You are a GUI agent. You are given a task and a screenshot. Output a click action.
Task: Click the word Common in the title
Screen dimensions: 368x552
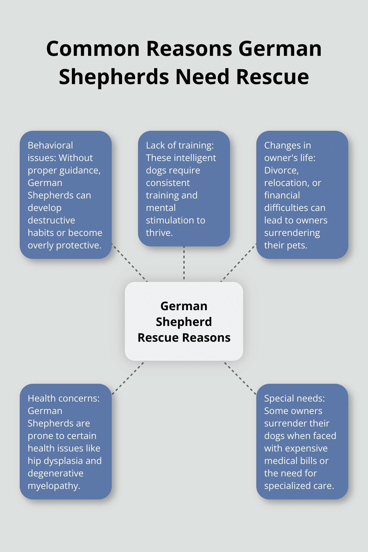pos(93,49)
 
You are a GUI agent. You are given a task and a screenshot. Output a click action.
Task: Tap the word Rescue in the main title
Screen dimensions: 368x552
pos(272,77)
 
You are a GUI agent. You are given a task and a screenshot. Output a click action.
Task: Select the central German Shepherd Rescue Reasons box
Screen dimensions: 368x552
pos(184,321)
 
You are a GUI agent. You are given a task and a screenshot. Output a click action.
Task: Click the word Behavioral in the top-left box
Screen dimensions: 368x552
pos(50,145)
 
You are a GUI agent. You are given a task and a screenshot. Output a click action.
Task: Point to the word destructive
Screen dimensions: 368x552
pos(51,220)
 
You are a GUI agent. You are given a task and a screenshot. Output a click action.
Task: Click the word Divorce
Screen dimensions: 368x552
pos(281,171)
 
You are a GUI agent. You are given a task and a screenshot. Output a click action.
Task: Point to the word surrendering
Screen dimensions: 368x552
pos(292,233)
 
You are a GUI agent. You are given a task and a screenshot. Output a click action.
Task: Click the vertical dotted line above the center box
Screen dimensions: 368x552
pos(184,263)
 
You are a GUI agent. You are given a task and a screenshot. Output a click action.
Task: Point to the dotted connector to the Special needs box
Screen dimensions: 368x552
pos(239,378)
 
